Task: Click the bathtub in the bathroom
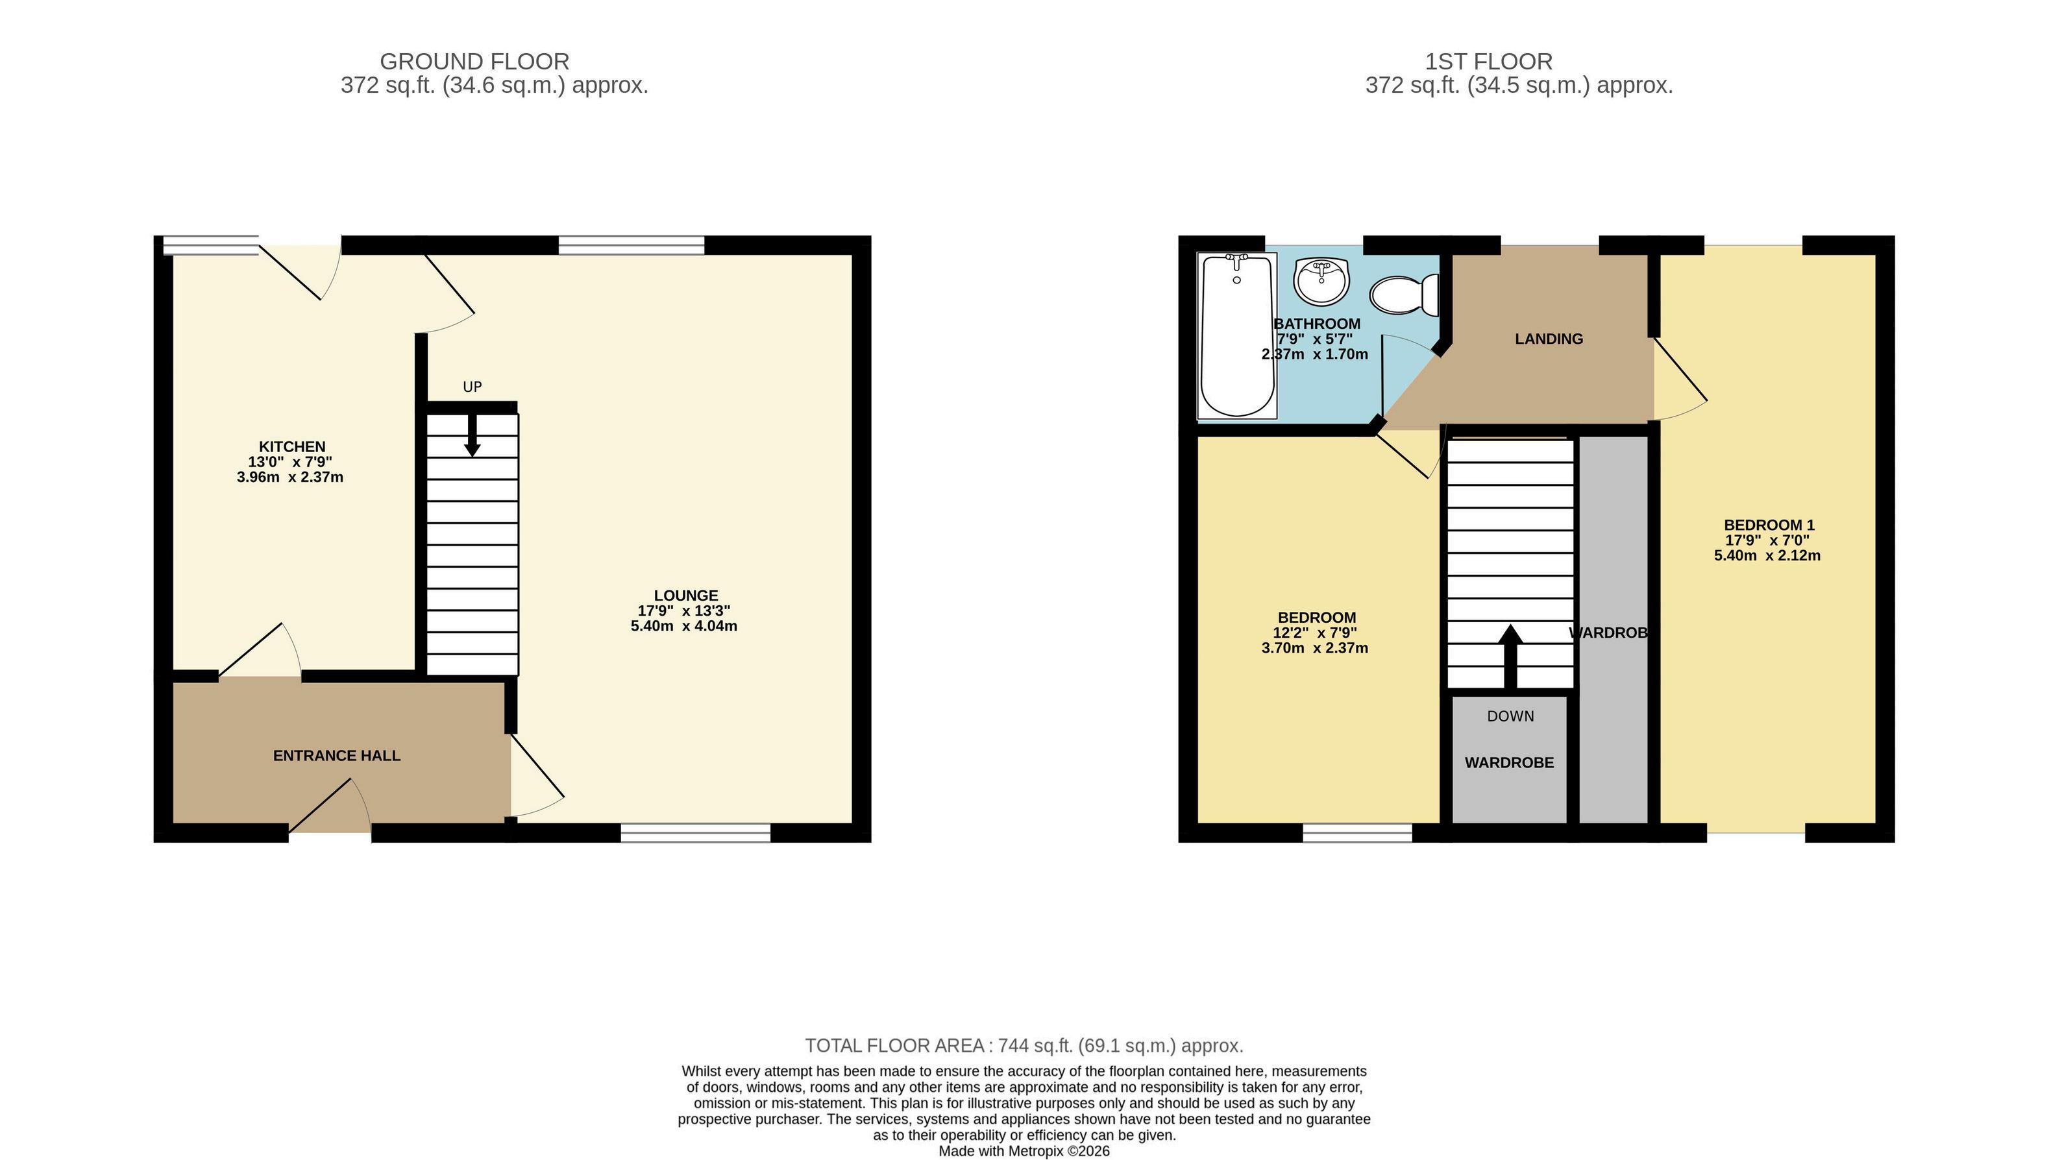pyautogui.click(x=1237, y=335)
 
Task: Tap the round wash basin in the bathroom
pyautogui.click(x=1321, y=281)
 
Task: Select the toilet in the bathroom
pyautogui.click(x=1405, y=295)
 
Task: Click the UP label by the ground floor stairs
pyautogui.click(x=472, y=387)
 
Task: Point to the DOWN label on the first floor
pyautogui.click(x=1510, y=716)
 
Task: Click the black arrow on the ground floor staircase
pyautogui.click(x=472, y=435)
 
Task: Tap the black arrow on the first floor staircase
pyautogui.click(x=1510, y=657)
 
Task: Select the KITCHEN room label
pyautogui.click(x=291, y=447)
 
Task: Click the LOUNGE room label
pyautogui.click(x=685, y=595)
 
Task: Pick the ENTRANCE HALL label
pyautogui.click(x=336, y=755)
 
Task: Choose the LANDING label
pyautogui.click(x=1549, y=339)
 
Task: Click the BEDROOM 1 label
pyautogui.click(x=1769, y=525)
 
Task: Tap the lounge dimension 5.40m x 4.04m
pyautogui.click(x=684, y=626)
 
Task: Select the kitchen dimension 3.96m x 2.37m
pyautogui.click(x=290, y=477)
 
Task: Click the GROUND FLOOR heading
pyautogui.click(x=474, y=62)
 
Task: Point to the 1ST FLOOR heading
pyautogui.click(x=1489, y=62)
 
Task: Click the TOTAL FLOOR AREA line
pyautogui.click(x=1024, y=1045)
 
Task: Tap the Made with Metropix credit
pyautogui.click(x=1024, y=1151)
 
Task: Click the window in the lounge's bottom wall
pyautogui.click(x=696, y=832)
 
